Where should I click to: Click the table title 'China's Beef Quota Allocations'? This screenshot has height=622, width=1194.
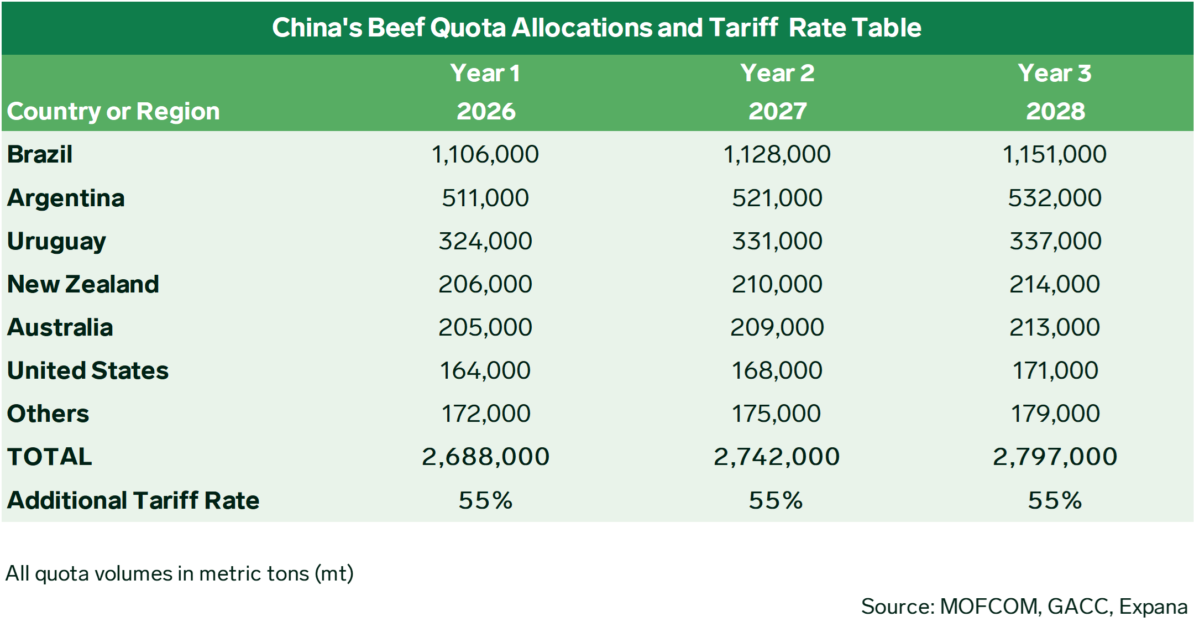pyautogui.click(x=596, y=28)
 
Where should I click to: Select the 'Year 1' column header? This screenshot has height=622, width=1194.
pyautogui.click(x=485, y=73)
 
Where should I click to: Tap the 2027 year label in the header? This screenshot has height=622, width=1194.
pyautogui.click(x=777, y=111)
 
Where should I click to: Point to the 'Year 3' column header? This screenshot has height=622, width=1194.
pyautogui.click(x=1055, y=73)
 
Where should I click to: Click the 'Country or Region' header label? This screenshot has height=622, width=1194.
pyautogui.click(x=113, y=111)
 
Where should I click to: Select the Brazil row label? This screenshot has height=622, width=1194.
pyautogui.click(x=40, y=154)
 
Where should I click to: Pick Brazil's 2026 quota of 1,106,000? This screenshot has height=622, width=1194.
pyautogui.click(x=485, y=154)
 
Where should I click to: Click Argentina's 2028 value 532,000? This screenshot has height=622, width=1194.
pyautogui.click(x=1055, y=198)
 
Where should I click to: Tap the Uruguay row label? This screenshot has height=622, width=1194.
pyautogui.click(x=56, y=241)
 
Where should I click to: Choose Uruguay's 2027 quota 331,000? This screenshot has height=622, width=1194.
pyautogui.click(x=777, y=241)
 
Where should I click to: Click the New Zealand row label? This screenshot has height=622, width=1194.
pyautogui.click(x=83, y=284)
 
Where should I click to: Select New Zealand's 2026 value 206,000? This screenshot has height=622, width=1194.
pyautogui.click(x=485, y=284)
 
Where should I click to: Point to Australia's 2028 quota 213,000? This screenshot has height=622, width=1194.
pyautogui.click(x=1055, y=327)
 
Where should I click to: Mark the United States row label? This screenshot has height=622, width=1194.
pyautogui.click(x=88, y=370)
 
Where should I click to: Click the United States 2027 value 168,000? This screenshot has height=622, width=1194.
pyautogui.click(x=777, y=370)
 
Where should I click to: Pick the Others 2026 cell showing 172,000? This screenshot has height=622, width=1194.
pyautogui.click(x=485, y=414)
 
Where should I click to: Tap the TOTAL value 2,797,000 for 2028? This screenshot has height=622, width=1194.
pyautogui.click(x=1055, y=457)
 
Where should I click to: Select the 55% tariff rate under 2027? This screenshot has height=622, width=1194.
pyautogui.click(x=776, y=500)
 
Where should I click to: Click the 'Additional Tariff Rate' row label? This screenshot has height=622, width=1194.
pyautogui.click(x=133, y=500)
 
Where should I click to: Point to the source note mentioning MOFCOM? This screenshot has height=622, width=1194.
pyautogui.click(x=1024, y=607)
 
